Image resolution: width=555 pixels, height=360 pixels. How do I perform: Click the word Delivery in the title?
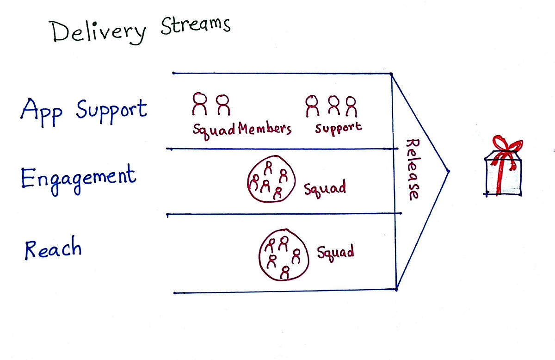point(98,32)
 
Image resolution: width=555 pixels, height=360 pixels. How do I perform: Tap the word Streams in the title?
point(196,26)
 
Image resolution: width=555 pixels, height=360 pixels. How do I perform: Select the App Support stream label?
point(84,112)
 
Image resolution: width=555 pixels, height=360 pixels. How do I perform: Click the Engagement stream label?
point(79,180)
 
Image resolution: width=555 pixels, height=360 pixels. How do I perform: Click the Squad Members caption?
point(242,130)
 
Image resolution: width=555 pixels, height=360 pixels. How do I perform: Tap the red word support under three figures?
point(339,129)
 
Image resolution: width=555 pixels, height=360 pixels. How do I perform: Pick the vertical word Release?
point(413,169)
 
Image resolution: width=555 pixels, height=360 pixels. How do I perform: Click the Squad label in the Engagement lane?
point(325,188)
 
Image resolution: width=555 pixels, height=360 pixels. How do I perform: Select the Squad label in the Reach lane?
point(335,254)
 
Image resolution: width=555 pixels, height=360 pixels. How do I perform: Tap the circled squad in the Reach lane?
point(259,255)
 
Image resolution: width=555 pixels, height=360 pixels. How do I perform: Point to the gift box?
point(504,174)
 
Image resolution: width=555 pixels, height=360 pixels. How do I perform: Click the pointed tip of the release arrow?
point(449,171)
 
